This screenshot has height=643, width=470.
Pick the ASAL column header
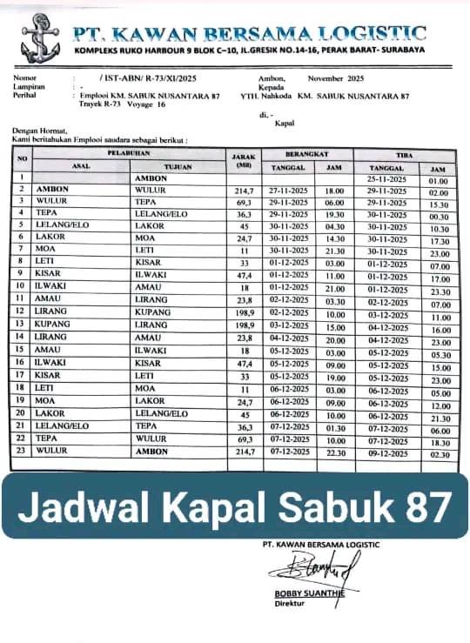pos(82,165)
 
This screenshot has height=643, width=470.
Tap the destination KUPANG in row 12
pos(153,312)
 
